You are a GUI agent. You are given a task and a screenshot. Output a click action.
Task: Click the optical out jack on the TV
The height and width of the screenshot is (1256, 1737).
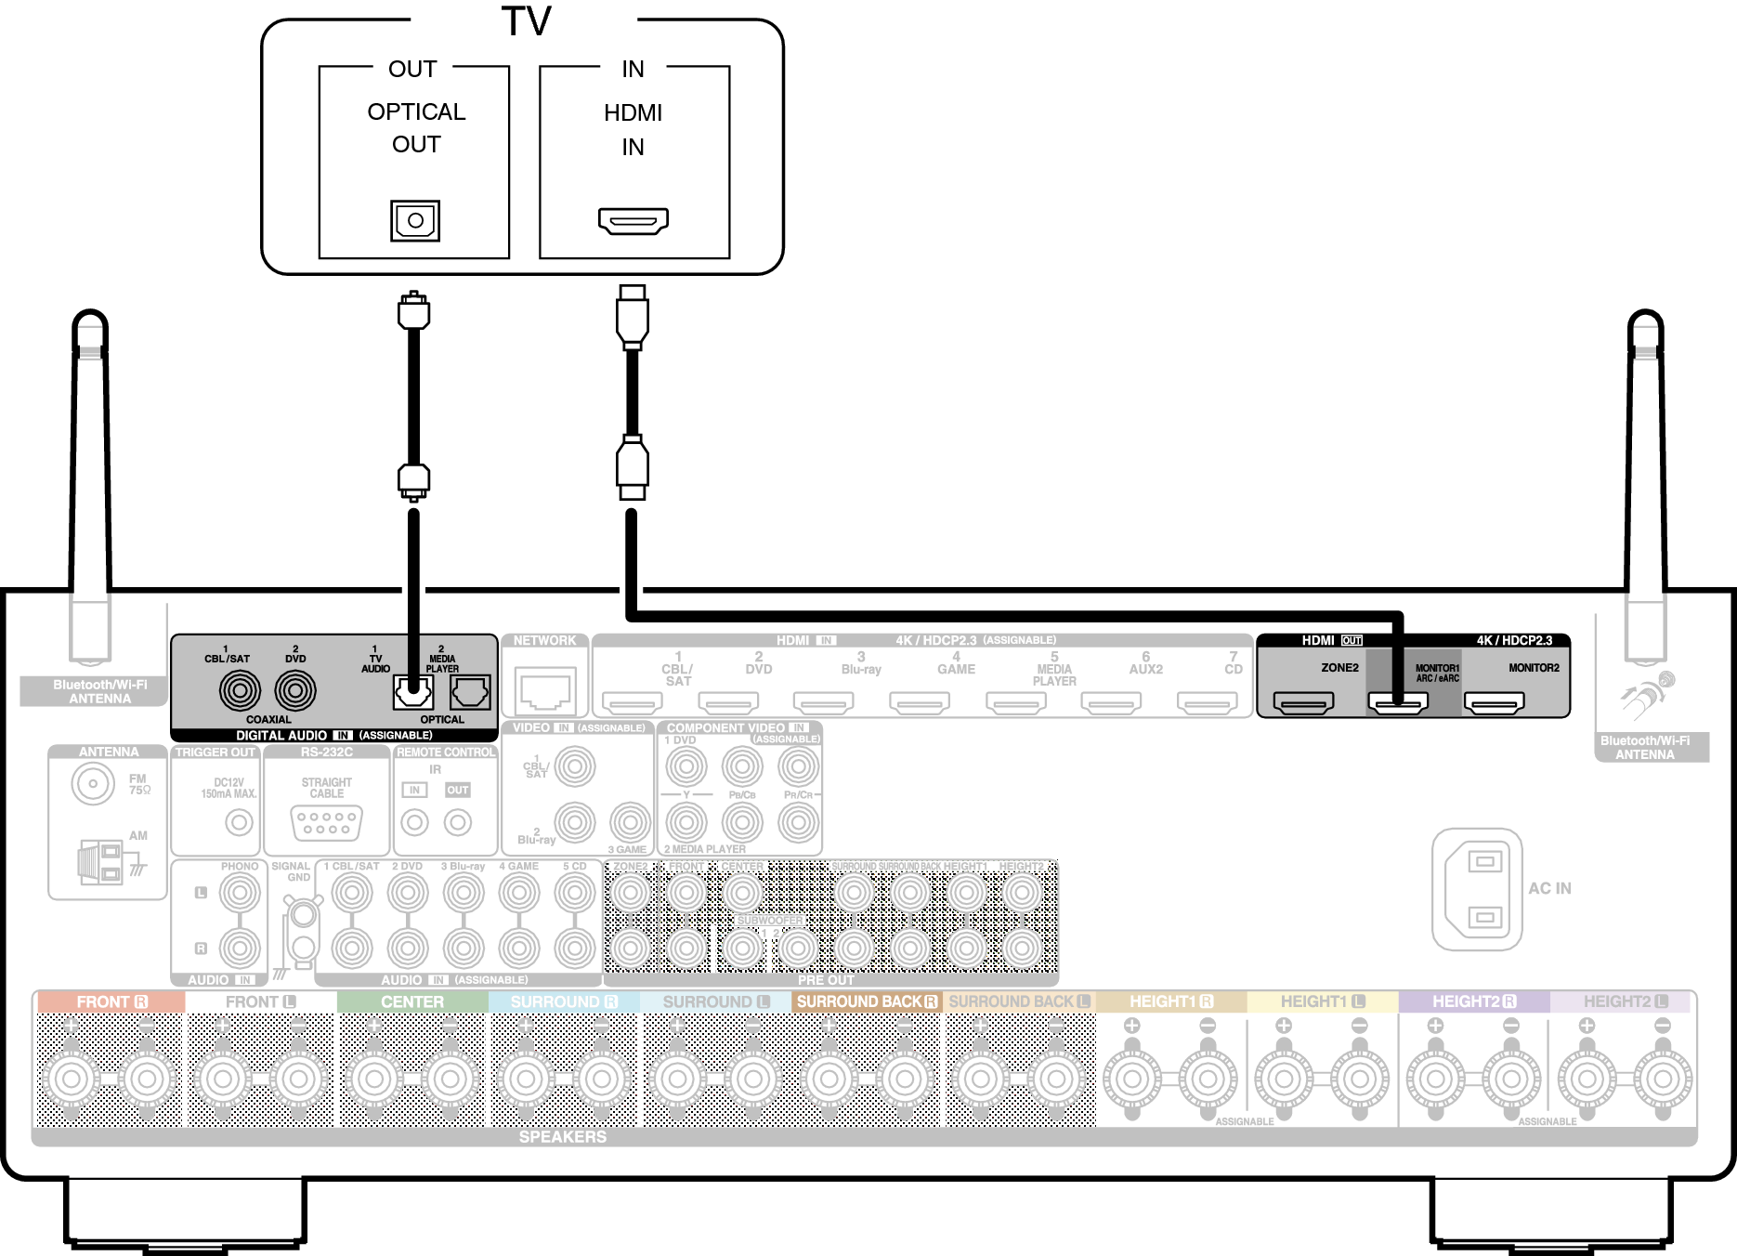(x=415, y=221)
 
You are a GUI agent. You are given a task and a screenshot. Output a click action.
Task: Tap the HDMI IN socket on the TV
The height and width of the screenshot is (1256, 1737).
(x=633, y=221)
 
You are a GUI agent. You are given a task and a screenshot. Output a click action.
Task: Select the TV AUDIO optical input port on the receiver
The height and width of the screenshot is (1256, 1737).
(x=413, y=692)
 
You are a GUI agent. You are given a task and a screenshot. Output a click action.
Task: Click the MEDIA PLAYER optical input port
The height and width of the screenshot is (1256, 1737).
(x=470, y=692)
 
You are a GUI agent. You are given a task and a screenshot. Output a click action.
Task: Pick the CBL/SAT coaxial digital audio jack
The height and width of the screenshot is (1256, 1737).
(x=240, y=690)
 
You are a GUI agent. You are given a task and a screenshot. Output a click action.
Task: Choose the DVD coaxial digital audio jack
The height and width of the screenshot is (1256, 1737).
(x=295, y=690)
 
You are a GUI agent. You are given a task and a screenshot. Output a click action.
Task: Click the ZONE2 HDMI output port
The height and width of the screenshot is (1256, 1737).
(x=1303, y=703)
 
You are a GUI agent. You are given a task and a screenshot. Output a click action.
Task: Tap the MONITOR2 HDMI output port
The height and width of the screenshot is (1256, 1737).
(x=1494, y=703)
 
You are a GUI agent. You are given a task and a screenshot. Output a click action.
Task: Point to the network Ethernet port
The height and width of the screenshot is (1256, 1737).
(x=545, y=692)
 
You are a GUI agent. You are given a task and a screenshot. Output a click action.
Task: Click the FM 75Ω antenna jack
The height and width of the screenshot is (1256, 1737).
(x=93, y=783)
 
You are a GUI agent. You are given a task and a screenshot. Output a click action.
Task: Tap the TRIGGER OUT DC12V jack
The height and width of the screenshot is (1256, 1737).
(x=240, y=822)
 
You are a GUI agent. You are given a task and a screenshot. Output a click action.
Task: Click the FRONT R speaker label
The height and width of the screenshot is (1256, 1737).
(x=111, y=1002)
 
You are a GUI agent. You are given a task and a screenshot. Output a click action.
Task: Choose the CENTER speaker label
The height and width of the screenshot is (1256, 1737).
(x=412, y=1002)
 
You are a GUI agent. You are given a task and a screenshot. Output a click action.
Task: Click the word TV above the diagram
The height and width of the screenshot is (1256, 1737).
(x=526, y=20)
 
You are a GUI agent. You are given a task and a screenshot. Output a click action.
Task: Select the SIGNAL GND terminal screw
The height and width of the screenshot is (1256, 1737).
(x=302, y=916)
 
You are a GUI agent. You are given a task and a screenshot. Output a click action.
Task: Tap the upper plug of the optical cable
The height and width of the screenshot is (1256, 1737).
(x=413, y=311)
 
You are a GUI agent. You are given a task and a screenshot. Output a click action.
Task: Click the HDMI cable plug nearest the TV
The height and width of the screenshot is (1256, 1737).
(x=633, y=314)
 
